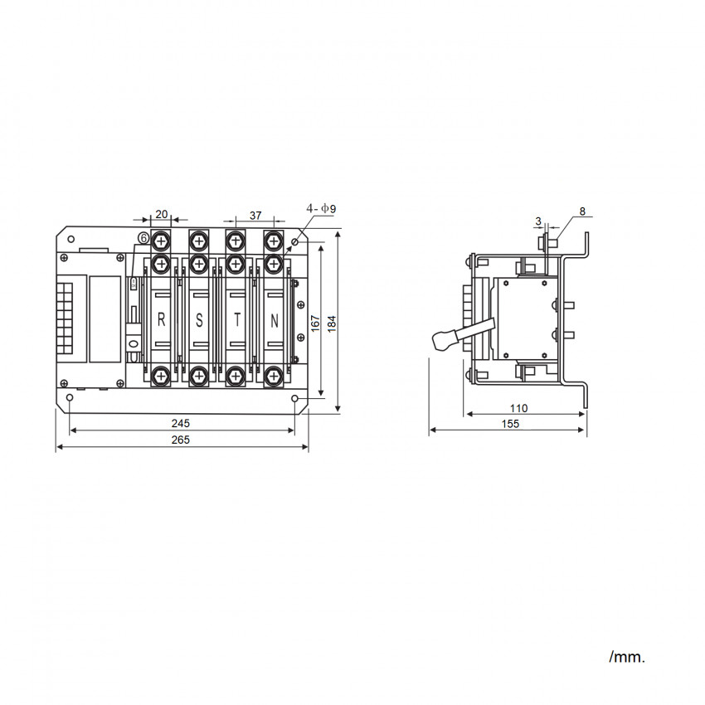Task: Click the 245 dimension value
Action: [x=180, y=423]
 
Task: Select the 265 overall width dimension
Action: [x=180, y=440]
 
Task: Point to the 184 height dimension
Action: [x=332, y=323]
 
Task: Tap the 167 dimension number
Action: [x=315, y=323]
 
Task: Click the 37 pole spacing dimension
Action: [x=255, y=216]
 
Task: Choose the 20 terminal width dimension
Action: [x=162, y=214]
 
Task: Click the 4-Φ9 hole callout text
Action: [x=321, y=209]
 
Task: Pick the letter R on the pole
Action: [x=162, y=320]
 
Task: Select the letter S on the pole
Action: [x=199, y=320]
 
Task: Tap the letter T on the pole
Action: [x=237, y=320]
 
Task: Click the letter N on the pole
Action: [x=275, y=321]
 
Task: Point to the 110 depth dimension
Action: [x=518, y=408]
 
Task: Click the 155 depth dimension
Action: [x=510, y=424]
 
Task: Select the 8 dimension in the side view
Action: [x=582, y=211]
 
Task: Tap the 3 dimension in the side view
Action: [x=538, y=221]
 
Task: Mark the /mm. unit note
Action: [x=627, y=657]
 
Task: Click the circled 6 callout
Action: [x=143, y=238]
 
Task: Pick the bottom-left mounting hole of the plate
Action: [x=70, y=398]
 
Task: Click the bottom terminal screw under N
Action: [x=274, y=376]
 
